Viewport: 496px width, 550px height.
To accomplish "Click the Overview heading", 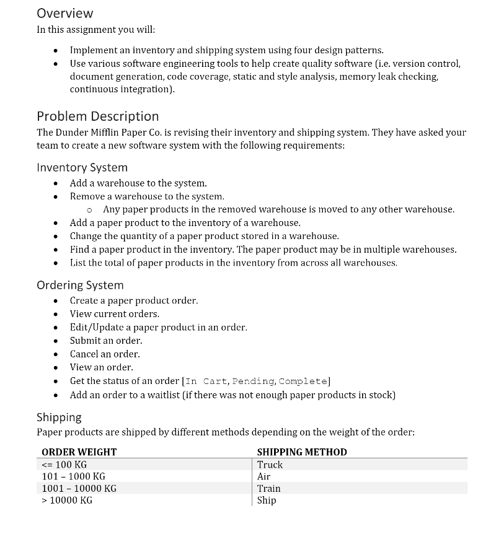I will tap(64, 13).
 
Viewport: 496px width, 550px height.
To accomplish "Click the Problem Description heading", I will tap(97, 116).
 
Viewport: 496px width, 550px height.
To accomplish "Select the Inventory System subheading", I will tap(82, 167).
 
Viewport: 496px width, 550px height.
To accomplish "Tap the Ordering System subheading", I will tap(80, 285).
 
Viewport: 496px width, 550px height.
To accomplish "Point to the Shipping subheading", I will tap(59, 417).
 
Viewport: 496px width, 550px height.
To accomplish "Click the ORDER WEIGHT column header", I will tap(79, 452).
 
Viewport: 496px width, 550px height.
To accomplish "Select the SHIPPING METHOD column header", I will tap(302, 452).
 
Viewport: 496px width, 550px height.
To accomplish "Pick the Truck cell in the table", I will tap(270, 465).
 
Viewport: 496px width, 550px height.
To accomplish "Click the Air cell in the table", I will tap(263, 476).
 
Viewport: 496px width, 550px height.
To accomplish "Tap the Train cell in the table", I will tap(268, 488).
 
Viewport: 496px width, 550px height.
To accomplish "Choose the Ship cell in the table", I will tap(267, 500).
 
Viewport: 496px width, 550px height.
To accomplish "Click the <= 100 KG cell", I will tap(64, 465).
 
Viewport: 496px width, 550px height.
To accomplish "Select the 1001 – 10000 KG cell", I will tap(79, 488).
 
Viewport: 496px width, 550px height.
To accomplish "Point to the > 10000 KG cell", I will tap(67, 500).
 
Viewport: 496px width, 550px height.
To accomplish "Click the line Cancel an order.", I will tap(105, 354).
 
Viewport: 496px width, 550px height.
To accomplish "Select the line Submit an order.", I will tap(106, 341).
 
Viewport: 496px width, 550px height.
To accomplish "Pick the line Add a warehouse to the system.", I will tap(138, 183).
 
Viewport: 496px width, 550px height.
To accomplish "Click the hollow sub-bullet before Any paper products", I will tap(90, 210).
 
